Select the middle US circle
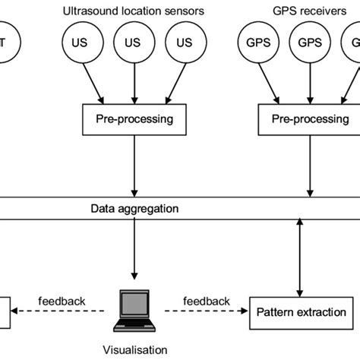click(x=134, y=43)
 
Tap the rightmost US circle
click(x=184, y=43)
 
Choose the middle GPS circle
click(x=309, y=43)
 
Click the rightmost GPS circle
click(x=350, y=43)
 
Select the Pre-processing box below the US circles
click(x=134, y=119)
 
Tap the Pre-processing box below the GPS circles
click(x=308, y=119)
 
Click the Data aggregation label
click(x=134, y=207)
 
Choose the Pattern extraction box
click(x=302, y=312)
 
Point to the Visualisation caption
click(x=134, y=351)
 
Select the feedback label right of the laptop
click(x=207, y=301)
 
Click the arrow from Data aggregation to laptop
click(x=134, y=248)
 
